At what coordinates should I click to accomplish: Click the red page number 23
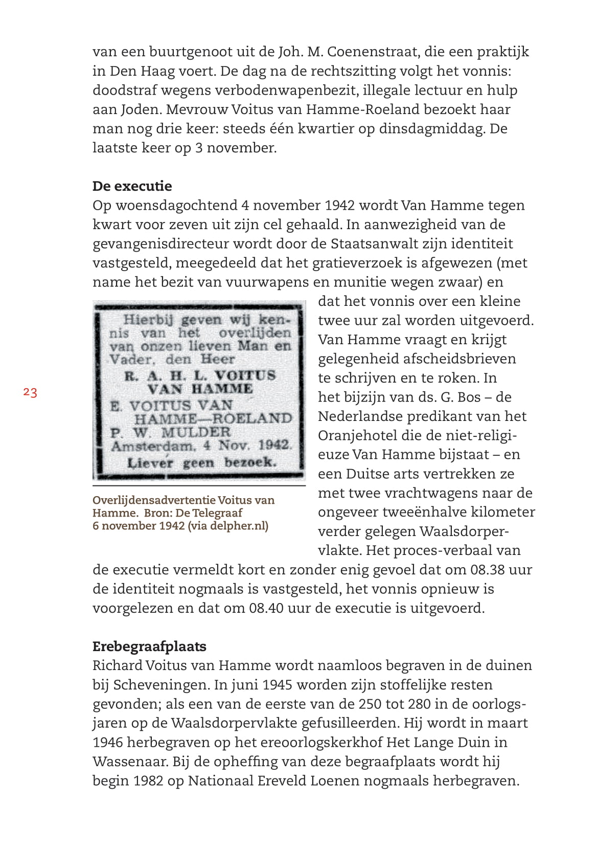point(30,393)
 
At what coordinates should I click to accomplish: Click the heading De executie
point(132,186)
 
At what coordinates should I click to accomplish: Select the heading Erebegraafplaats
point(149,647)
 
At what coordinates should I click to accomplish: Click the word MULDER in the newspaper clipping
point(196,432)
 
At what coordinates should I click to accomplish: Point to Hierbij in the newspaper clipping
point(148,320)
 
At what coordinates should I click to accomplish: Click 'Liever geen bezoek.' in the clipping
point(201,463)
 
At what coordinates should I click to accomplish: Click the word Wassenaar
point(130,762)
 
